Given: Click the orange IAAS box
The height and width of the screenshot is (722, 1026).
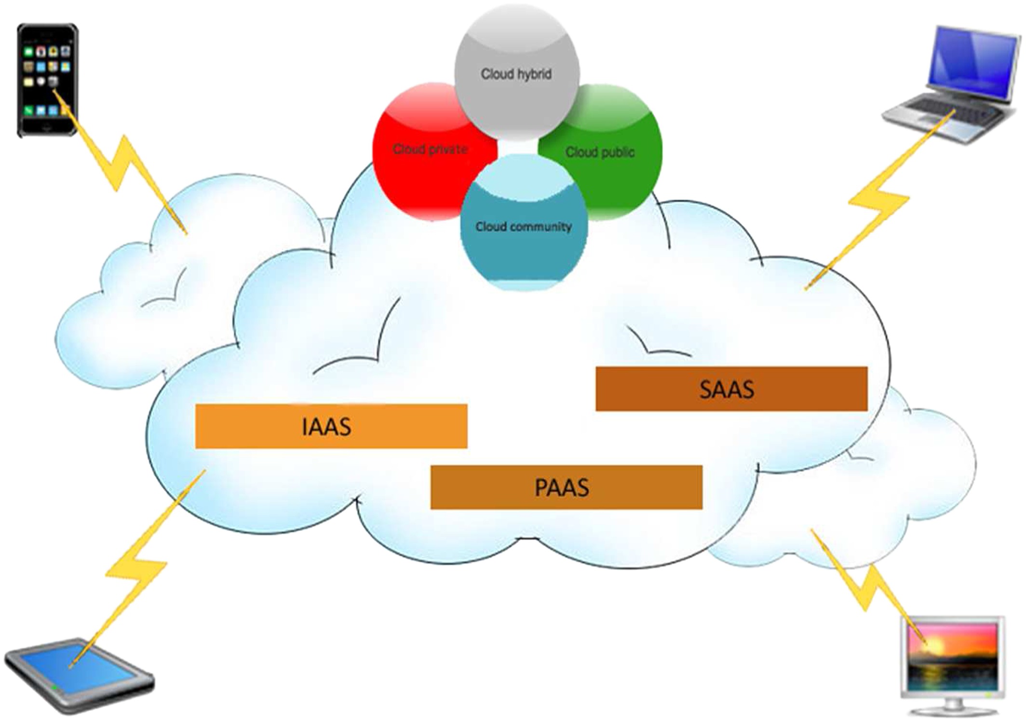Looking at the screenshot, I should coord(331,426).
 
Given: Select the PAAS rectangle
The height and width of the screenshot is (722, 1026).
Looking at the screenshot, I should coord(566,487).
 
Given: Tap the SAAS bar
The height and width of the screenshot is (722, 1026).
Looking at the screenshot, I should coord(731,389).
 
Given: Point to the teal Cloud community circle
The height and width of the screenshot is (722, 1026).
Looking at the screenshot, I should coord(524,251).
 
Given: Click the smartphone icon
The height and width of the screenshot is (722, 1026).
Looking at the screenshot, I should coord(47,80).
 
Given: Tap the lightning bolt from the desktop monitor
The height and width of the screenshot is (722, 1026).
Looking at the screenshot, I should coord(863,584).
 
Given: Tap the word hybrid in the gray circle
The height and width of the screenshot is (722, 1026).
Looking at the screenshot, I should coord(535,74).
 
